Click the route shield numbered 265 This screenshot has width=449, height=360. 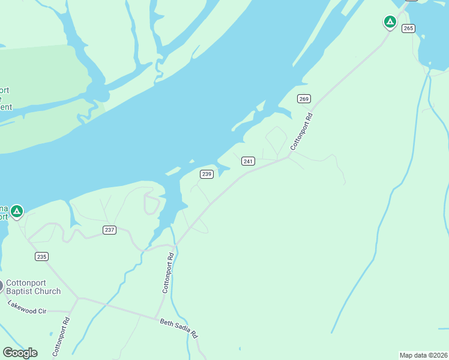[408, 29]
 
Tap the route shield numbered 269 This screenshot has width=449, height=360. [304, 98]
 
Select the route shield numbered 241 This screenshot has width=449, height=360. [249, 161]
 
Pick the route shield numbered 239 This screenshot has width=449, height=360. [206, 174]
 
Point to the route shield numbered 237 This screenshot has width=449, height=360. [109, 230]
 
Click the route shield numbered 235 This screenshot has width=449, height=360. [41, 257]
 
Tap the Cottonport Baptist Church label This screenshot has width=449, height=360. [33, 287]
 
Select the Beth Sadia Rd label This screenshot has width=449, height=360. [179, 329]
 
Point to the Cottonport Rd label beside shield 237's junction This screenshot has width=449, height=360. [168, 273]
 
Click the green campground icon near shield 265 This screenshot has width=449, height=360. [390, 22]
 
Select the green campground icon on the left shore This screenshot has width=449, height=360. [17, 211]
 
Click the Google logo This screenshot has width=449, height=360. [20, 353]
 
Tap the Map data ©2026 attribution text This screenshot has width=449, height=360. [423, 355]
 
